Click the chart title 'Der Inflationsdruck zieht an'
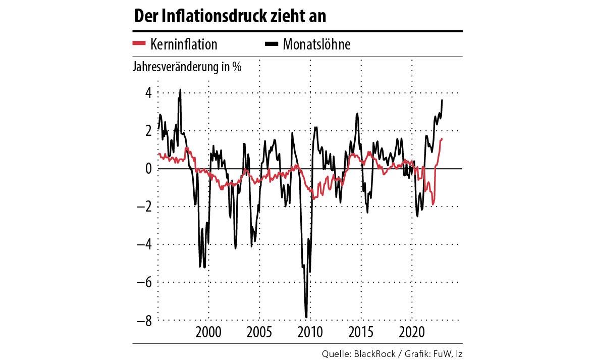[230, 16]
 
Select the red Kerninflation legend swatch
[139, 44]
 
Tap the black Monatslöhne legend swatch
[272, 44]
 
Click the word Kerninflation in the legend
[183, 44]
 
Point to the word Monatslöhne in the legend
[316, 44]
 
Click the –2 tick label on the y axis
[145, 207]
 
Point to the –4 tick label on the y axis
[145, 244]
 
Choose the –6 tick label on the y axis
[145, 282]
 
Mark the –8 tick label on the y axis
[145, 320]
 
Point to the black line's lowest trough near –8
[306, 317]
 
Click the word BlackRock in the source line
[374, 354]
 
